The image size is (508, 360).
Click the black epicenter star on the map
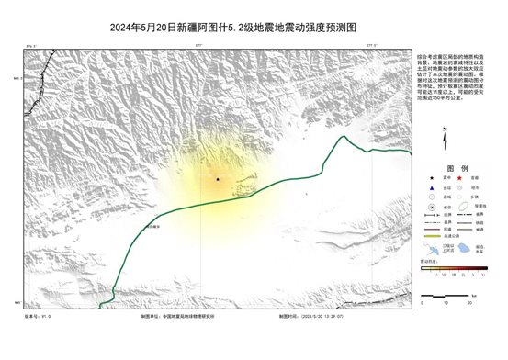[218, 179]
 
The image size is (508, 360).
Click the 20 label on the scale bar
[469, 301]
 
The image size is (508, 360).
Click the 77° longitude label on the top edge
[199, 44]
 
